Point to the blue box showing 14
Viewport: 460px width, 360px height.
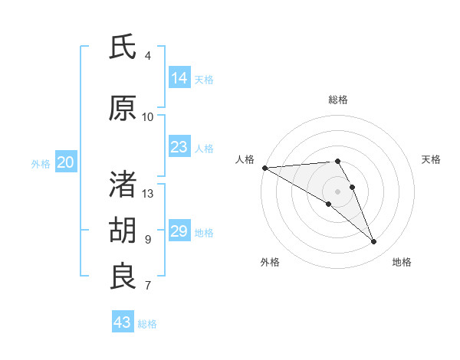[179, 77]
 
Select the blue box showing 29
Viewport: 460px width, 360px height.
[179, 231]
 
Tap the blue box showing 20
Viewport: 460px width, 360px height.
[66, 162]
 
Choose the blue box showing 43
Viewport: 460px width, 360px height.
[123, 322]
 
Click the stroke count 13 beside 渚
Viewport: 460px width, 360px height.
[148, 194]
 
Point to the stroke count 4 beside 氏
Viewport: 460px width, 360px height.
[148, 56]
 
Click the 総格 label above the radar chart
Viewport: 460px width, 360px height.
[337, 100]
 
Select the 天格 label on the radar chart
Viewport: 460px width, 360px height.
[431, 159]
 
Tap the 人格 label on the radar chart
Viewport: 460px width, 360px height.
[245, 159]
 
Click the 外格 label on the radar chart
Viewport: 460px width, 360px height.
[270, 262]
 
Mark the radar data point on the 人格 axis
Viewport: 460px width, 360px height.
[264, 167]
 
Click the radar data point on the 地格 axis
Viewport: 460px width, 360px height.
[374, 241]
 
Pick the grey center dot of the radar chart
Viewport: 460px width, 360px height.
[337, 191]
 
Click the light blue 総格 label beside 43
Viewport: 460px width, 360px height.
[147, 323]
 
